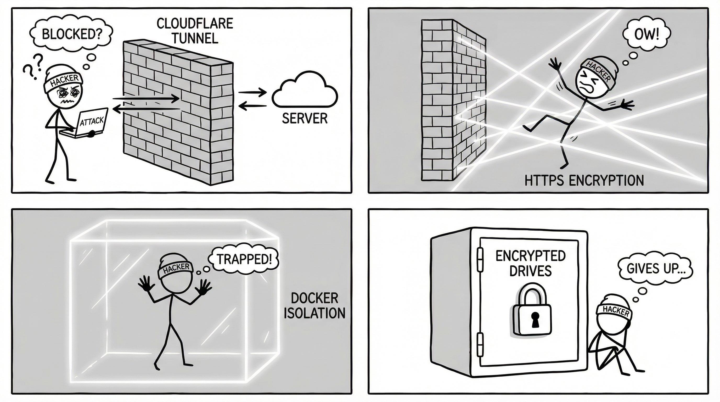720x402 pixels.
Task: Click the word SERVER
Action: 304,118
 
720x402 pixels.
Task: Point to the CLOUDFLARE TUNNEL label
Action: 195,31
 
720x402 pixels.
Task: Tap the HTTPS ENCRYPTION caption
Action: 584,180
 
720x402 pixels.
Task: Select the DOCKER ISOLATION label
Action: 314,305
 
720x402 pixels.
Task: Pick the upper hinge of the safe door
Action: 480,260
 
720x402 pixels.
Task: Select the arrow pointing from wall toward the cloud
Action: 251,92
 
